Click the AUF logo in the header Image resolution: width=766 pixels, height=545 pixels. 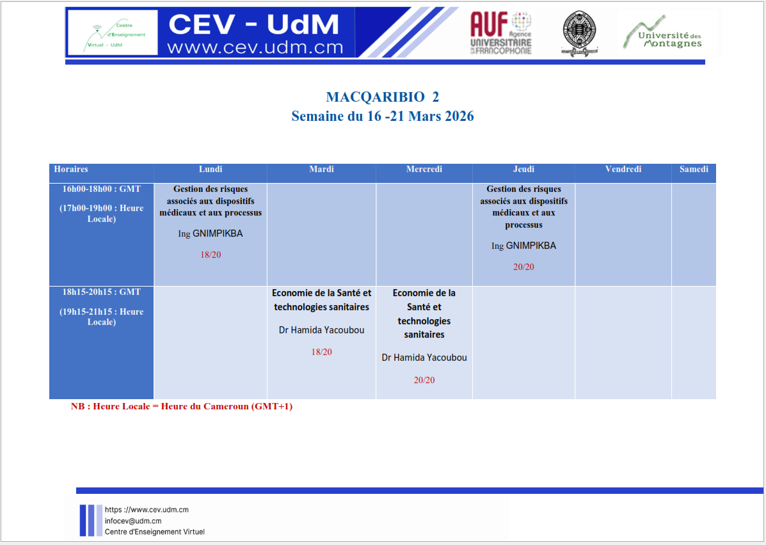coord(500,33)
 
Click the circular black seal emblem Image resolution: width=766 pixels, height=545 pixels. coord(579,33)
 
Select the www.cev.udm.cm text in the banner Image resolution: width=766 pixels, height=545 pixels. coord(255,47)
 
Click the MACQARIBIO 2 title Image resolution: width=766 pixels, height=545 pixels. coord(383,97)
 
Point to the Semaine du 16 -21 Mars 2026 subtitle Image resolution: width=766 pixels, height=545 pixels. coord(383,116)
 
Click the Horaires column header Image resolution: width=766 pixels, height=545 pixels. coord(71,169)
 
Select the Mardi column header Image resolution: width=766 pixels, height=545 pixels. coord(321,169)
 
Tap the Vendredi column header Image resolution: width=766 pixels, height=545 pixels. coord(623,169)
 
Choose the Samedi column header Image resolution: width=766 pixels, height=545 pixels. coord(694,169)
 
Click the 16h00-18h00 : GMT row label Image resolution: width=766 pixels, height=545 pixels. coord(102,189)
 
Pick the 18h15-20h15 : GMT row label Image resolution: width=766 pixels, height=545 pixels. coord(102,292)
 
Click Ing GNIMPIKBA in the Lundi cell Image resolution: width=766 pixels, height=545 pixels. coord(211,233)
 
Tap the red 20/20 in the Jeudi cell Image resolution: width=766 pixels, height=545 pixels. coord(523,267)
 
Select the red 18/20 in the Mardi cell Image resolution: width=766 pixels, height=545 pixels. coord(321,352)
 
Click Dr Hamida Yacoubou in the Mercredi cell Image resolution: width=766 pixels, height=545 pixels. coord(424,358)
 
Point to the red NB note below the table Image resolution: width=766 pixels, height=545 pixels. coord(182,406)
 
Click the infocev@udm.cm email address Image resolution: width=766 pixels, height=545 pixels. coord(133,521)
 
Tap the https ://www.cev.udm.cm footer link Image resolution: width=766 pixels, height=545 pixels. coord(147,510)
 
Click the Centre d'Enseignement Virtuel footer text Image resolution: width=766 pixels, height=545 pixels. coord(155,532)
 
